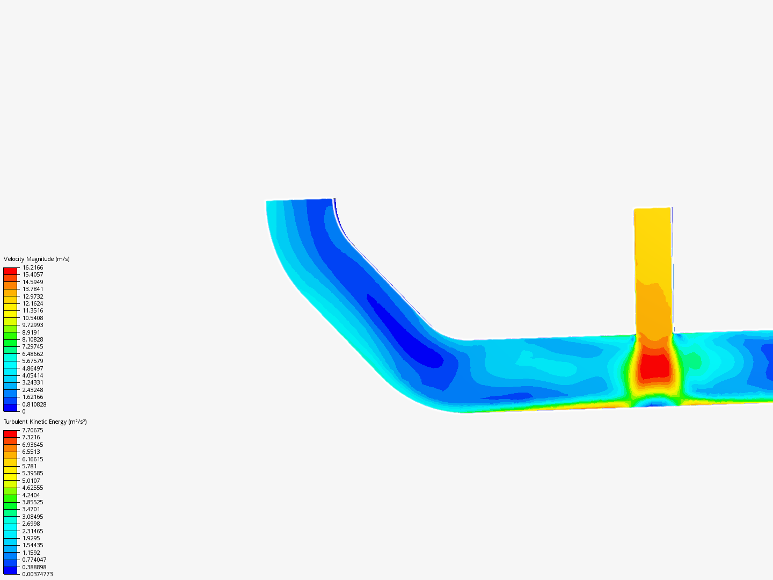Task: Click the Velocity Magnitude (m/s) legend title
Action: point(37,259)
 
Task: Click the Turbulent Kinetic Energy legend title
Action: point(45,422)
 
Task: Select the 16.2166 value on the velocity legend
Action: point(32,267)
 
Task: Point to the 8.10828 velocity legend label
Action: point(32,339)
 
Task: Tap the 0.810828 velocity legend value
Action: point(34,404)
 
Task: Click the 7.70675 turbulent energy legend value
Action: point(32,430)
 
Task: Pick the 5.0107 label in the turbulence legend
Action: point(31,481)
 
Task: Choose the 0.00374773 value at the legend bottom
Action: point(37,574)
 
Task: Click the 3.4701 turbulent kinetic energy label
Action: point(31,509)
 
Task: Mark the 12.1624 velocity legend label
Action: point(32,303)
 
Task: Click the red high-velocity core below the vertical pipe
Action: point(654,366)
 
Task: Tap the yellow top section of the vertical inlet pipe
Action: point(653,242)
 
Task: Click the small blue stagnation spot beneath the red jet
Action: point(654,402)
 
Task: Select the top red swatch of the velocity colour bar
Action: point(10,271)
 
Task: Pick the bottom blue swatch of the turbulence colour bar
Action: point(10,570)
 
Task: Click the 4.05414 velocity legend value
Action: point(32,375)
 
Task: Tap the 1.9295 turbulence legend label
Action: point(31,538)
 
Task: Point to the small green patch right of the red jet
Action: point(694,361)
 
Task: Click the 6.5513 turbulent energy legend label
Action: point(31,452)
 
